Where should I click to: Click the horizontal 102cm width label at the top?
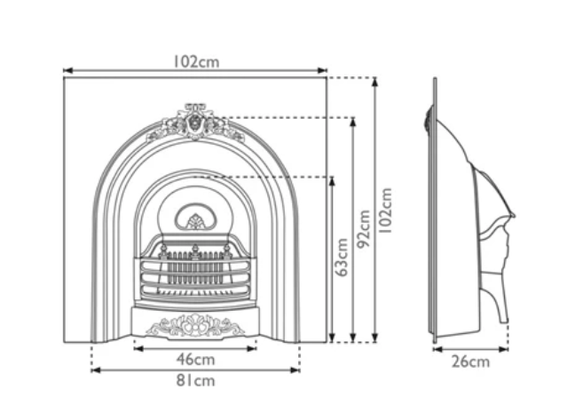click(x=195, y=62)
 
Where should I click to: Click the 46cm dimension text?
click(x=195, y=360)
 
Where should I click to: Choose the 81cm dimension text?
click(x=195, y=381)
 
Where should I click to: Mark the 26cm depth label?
click(x=471, y=361)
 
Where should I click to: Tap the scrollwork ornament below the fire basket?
click(x=194, y=326)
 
